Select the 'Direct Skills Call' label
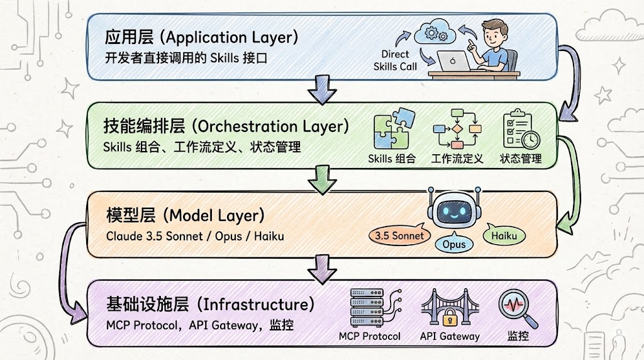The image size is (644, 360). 394,60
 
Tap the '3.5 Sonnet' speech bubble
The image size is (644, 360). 399,236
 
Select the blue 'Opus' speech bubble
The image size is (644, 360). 453,244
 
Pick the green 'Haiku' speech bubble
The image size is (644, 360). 504,235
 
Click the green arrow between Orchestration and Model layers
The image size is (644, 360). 322,181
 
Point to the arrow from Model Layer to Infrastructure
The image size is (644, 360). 322,269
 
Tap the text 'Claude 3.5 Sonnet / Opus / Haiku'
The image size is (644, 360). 195,237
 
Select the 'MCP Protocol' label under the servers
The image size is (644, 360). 369,336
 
